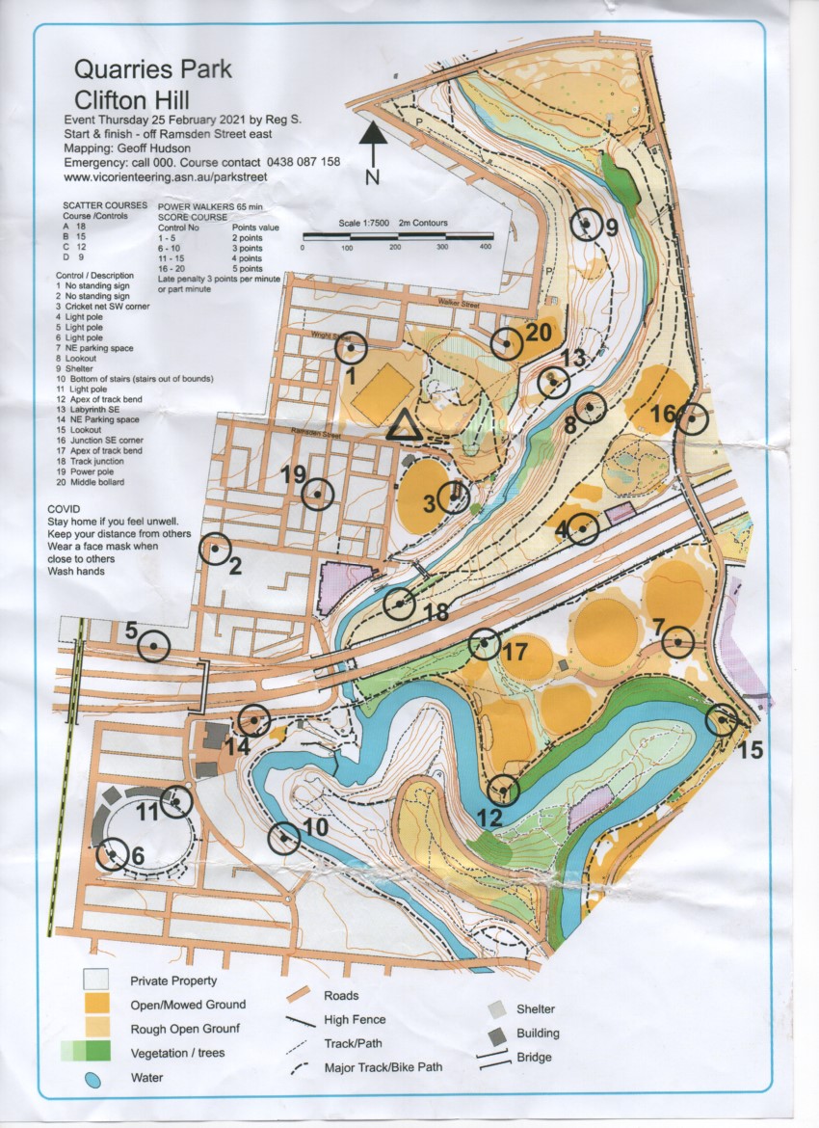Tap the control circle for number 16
pyautogui.click(x=691, y=419)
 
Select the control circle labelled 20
pyautogui.click(x=507, y=342)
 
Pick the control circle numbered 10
pyautogui.click(x=284, y=839)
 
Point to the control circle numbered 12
pyautogui.click(x=503, y=791)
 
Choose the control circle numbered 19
pyautogui.click(x=317, y=495)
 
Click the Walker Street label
pyautogui.click(x=458, y=304)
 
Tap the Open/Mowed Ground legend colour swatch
pyautogui.click(x=94, y=1004)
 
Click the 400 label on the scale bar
pyautogui.click(x=486, y=248)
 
